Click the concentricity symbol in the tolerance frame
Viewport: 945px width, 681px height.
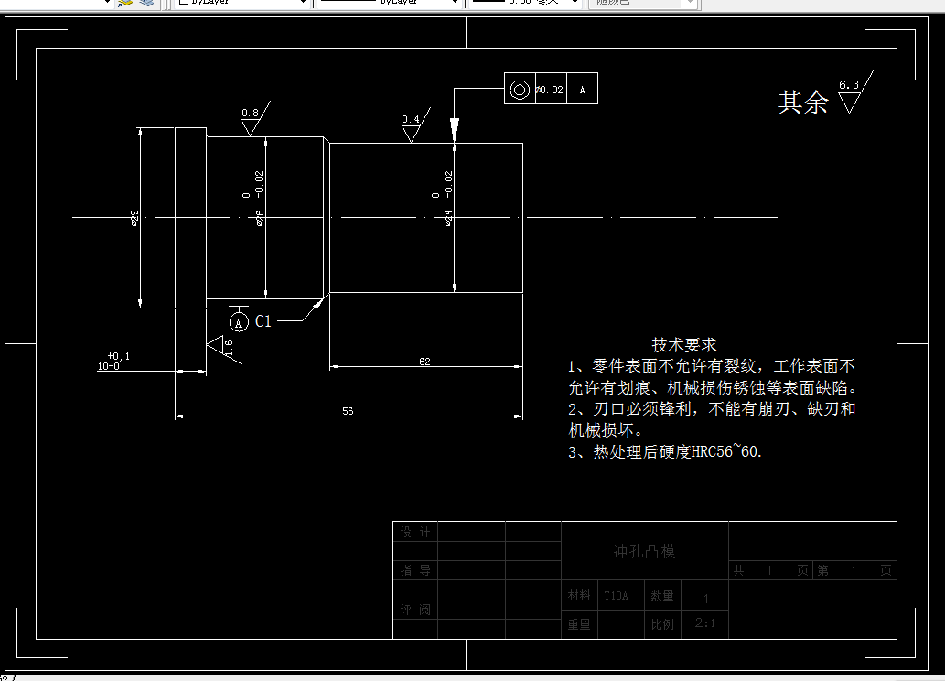[x=520, y=90]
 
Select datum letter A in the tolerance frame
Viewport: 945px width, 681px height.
[x=583, y=90]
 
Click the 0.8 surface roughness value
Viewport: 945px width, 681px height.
[x=250, y=113]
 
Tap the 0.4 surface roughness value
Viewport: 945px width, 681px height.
[x=411, y=119]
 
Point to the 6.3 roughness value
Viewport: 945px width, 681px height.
[x=848, y=85]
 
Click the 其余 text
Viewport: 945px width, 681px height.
[x=802, y=103]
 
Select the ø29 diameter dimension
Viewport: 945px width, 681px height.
[x=134, y=217]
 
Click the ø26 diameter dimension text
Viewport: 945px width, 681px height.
[x=260, y=217]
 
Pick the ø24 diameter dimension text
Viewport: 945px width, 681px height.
[x=448, y=217]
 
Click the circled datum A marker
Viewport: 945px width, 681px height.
[x=239, y=322]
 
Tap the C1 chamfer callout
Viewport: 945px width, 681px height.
[x=263, y=321]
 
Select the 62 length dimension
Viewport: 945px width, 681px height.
[x=424, y=362]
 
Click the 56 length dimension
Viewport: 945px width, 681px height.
[x=348, y=411]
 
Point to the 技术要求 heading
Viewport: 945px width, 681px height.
[x=683, y=344]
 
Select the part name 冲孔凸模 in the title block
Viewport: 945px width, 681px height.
[x=643, y=551]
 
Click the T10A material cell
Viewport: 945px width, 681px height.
[x=616, y=596]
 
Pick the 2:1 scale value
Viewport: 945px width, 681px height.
[x=705, y=624]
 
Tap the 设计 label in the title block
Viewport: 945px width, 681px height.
[x=414, y=532]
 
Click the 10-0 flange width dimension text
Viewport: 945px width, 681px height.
[x=109, y=366]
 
